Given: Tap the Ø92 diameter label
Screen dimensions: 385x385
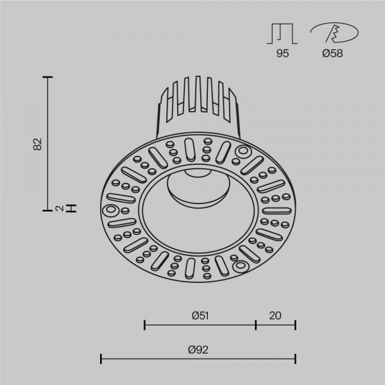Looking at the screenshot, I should click(199, 349).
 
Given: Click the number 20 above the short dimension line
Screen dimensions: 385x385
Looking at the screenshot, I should click(275, 315).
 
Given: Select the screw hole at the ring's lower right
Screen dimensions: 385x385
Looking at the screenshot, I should click(242, 265).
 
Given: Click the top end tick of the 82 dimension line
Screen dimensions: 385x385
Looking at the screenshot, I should click(47, 76).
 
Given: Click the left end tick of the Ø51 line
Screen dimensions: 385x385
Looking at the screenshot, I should click(145, 325).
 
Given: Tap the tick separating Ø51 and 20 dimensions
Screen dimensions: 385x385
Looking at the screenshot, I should click(256, 325).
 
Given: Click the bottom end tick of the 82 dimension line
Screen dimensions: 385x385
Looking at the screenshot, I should click(47, 209).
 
